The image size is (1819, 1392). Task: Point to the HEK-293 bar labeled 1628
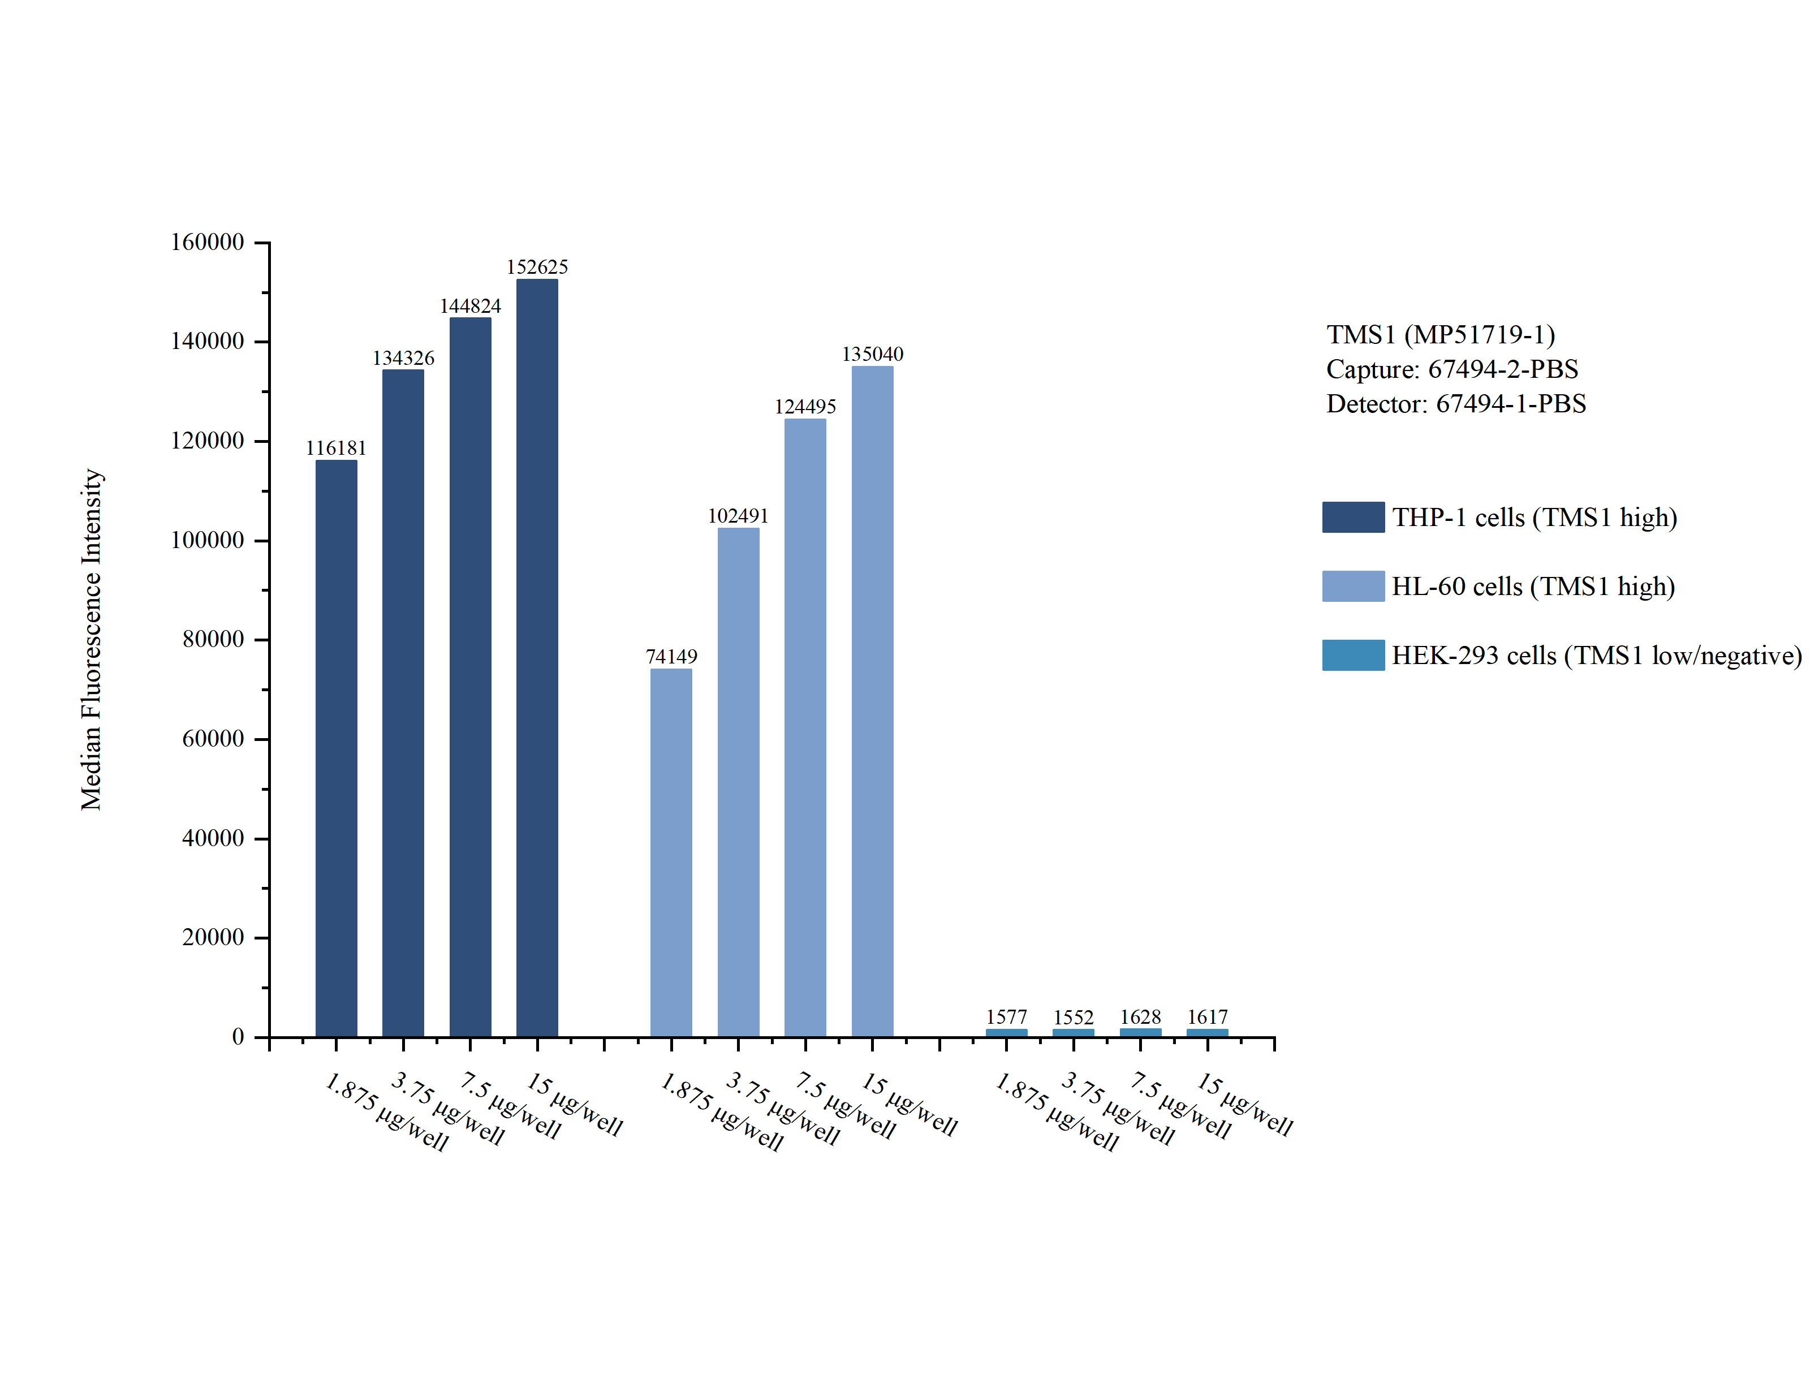1140,1032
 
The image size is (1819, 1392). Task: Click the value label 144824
469,307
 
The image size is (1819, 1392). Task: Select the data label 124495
805,407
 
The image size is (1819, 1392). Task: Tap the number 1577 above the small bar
1006,1016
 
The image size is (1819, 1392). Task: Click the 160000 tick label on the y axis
207,242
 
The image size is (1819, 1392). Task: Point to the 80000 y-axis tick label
213,639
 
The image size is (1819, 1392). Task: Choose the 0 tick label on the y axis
238,1037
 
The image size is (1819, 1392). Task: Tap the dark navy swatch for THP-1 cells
1352,517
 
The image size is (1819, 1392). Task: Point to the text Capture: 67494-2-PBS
1452,369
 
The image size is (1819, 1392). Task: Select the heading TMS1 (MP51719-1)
1441,335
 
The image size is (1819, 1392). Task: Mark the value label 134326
403,359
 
